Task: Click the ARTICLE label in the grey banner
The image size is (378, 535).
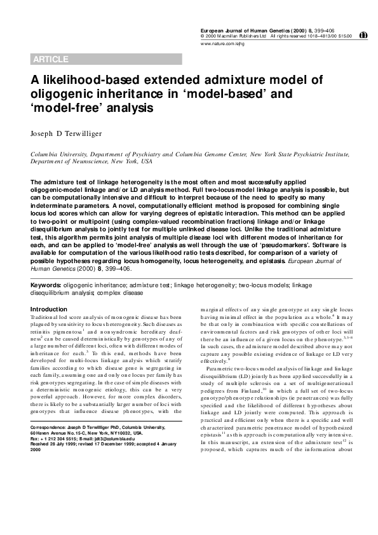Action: (50, 60)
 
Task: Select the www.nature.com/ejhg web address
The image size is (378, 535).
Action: (219, 44)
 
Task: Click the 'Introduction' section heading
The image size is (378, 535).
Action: (49, 309)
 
